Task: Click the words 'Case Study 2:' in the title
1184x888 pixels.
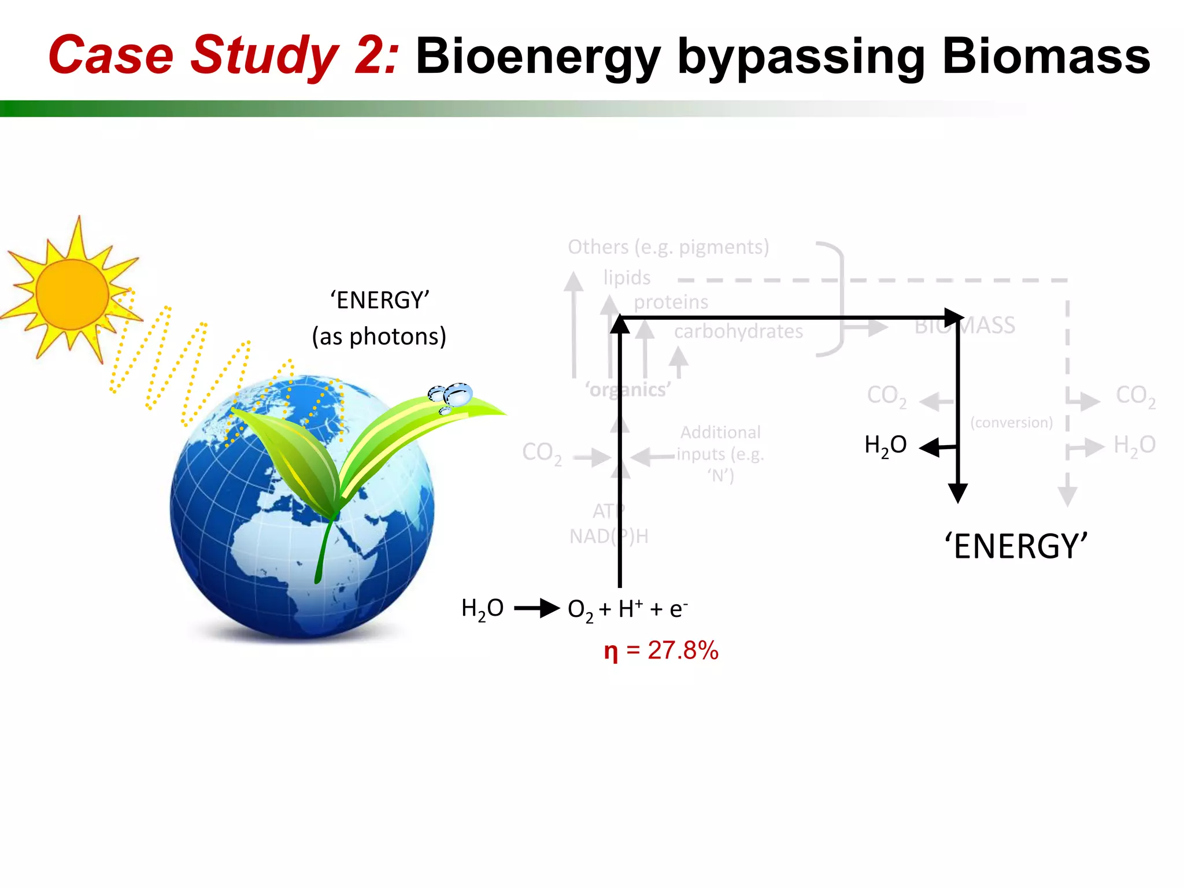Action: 223,56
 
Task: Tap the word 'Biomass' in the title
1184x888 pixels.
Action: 1046,56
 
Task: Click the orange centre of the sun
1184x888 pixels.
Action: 72,294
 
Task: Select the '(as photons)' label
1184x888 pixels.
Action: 379,336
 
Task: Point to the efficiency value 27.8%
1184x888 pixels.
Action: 683,650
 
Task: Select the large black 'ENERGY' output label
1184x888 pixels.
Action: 1016,546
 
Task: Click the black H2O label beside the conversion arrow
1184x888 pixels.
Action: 885,446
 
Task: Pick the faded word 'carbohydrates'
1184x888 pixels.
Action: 738,331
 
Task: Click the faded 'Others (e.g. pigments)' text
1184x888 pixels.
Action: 668,247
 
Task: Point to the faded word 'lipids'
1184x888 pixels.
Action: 627,277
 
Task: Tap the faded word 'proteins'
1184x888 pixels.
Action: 671,302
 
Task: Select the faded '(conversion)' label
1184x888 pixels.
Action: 1011,423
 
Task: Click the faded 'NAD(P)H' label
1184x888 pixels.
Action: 609,536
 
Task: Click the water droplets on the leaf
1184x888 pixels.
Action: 452,397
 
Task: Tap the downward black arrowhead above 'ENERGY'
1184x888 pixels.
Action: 958,493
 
